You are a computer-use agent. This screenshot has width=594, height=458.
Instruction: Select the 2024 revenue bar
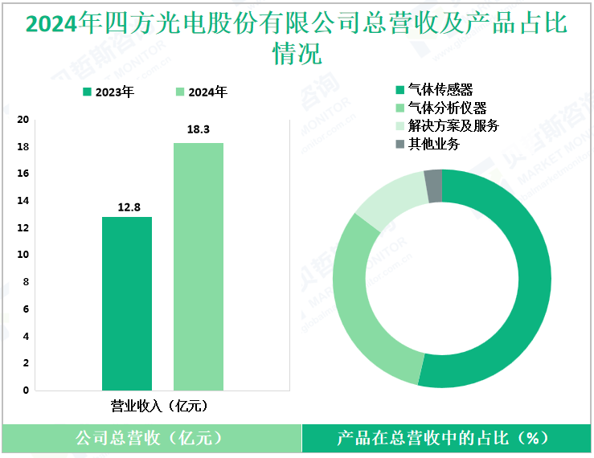[199, 266]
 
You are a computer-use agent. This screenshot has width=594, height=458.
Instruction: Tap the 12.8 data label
[127, 207]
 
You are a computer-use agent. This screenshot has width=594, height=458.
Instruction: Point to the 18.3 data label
[199, 129]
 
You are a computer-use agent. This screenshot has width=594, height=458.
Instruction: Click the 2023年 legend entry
[108, 92]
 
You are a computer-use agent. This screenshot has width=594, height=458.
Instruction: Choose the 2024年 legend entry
[201, 92]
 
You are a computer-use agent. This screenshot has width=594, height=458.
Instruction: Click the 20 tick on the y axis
[24, 120]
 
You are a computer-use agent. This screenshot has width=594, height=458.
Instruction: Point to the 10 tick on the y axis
[24, 255]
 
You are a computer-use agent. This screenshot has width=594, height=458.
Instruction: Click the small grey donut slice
[433, 186]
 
